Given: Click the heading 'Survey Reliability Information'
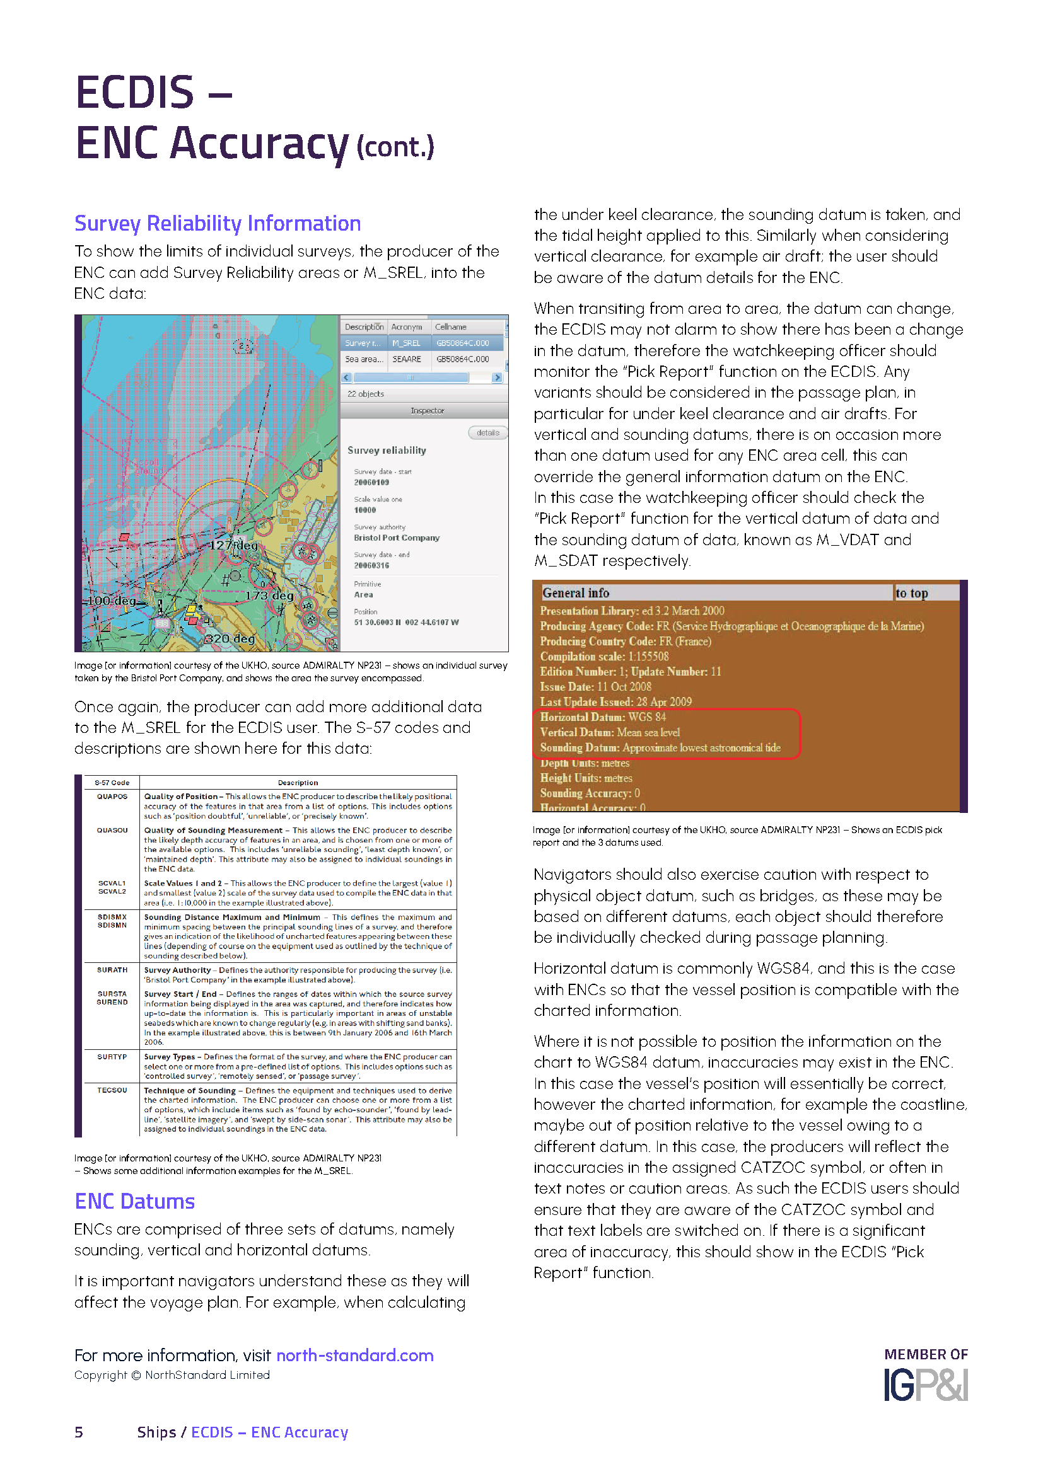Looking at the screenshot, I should point(217,224).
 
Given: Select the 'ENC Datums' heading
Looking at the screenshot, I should point(134,1201).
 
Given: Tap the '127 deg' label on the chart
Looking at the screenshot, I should point(235,545).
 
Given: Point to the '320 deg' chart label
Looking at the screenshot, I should point(230,639).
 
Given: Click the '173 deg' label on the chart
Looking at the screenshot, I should point(269,596).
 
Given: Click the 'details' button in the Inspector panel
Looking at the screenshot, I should point(487,433).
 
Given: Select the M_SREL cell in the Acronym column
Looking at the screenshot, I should point(407,343).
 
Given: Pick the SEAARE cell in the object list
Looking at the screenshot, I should point(407,359).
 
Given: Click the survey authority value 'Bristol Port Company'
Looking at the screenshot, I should point(396,538).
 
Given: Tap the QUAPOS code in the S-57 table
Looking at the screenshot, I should point(112,797).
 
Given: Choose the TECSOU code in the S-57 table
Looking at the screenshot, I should point(112,1090).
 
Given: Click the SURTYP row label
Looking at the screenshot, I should point(112,1057).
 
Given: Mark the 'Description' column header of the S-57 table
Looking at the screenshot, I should point(298,783).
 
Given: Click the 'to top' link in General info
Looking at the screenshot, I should point(911,593).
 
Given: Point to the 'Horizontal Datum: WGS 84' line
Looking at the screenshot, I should point(602,717).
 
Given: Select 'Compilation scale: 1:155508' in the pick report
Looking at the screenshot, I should point(603,656).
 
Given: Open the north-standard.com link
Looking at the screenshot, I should point(354,1356).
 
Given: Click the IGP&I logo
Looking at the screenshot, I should point(925,1385).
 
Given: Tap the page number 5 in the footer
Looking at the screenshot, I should point(79,1432).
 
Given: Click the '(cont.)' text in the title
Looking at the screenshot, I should point(395,147).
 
